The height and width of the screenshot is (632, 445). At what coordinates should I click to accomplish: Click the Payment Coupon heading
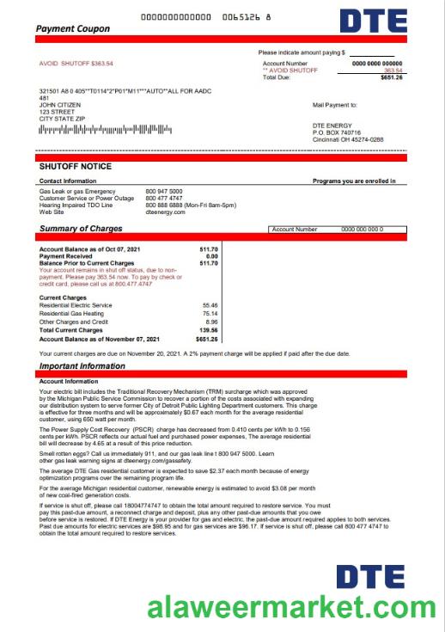coord(73,28)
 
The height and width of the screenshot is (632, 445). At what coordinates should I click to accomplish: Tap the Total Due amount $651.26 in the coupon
coord(392,77)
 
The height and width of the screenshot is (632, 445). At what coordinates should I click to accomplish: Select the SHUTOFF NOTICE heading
coord(76,166)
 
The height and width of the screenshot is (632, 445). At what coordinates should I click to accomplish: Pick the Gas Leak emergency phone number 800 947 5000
coord(164,191)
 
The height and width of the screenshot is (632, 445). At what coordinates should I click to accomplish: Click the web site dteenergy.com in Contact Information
coord(166,212)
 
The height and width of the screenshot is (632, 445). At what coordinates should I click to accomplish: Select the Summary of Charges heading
coord(81,229)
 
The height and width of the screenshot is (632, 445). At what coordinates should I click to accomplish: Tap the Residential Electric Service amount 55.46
coord(210,305)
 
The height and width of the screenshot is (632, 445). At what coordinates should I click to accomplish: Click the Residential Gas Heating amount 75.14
coord(210,314)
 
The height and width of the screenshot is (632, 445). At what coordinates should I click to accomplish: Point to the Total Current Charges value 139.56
coord(208,330)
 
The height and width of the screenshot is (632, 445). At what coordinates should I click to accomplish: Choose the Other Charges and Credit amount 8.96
coord(211,322)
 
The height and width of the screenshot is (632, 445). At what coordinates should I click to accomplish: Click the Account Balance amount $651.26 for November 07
coord(206,339)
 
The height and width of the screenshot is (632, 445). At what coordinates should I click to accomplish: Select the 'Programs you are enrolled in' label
coord(354,181)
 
